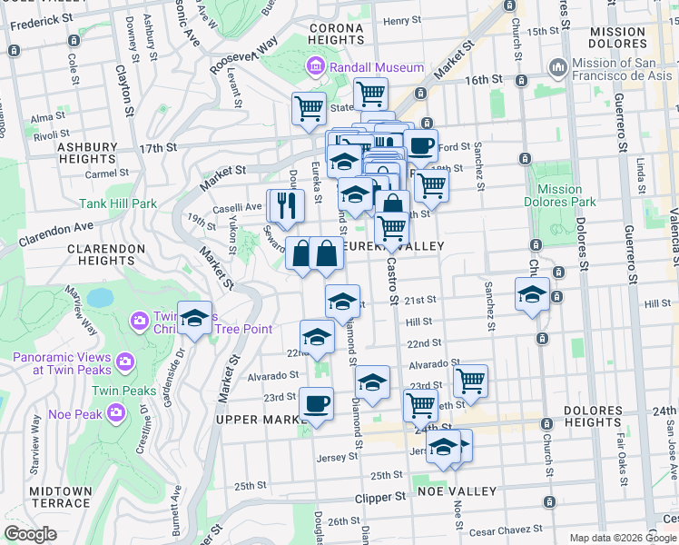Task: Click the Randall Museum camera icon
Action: (x=315, y=66)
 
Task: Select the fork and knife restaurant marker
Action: (x=284, y=207)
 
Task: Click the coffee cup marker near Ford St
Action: (x=419, y=145)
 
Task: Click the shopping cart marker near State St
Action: (x=310, y=108)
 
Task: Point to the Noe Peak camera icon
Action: (x=115, y=413)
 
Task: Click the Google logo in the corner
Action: (x=31, y=534)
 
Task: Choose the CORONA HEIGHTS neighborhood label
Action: (x=336, y=34)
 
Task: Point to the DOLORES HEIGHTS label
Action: (x=593, y=416)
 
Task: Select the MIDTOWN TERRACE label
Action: (x=61, y=497)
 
